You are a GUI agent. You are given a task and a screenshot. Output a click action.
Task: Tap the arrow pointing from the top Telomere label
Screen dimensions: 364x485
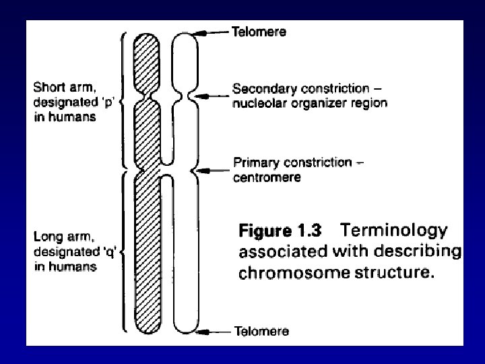pos(214,32)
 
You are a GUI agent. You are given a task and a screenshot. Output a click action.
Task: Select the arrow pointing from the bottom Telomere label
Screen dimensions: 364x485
pos(218,331)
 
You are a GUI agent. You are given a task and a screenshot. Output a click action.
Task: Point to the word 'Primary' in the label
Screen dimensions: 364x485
pos(255,162)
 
